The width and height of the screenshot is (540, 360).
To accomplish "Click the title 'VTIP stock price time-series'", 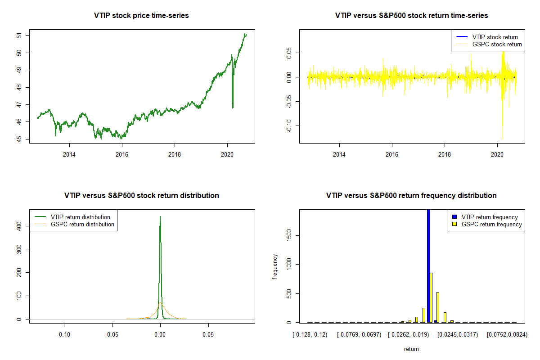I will pyautogui.click(x=141, y=16).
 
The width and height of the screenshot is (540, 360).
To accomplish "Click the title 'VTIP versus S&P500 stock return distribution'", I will pyautogui.click(x=141, y=196).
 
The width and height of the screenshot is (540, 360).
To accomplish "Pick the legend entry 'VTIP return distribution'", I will pyautogui.click(x=81, y=217).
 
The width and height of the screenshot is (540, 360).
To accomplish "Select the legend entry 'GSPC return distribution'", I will pyautogui.click(x=82, y=224).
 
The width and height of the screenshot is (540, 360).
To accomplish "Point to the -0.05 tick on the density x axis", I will pyautogui.click(x=112, y=335).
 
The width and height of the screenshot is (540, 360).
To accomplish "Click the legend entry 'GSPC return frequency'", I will pyautogui.click(x=491, y=224).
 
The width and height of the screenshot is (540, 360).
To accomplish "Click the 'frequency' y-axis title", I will pyautogui.click(x=275, y=266).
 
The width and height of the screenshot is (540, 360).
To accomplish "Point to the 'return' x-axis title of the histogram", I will pyautogui.click(x=411, y=349).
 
